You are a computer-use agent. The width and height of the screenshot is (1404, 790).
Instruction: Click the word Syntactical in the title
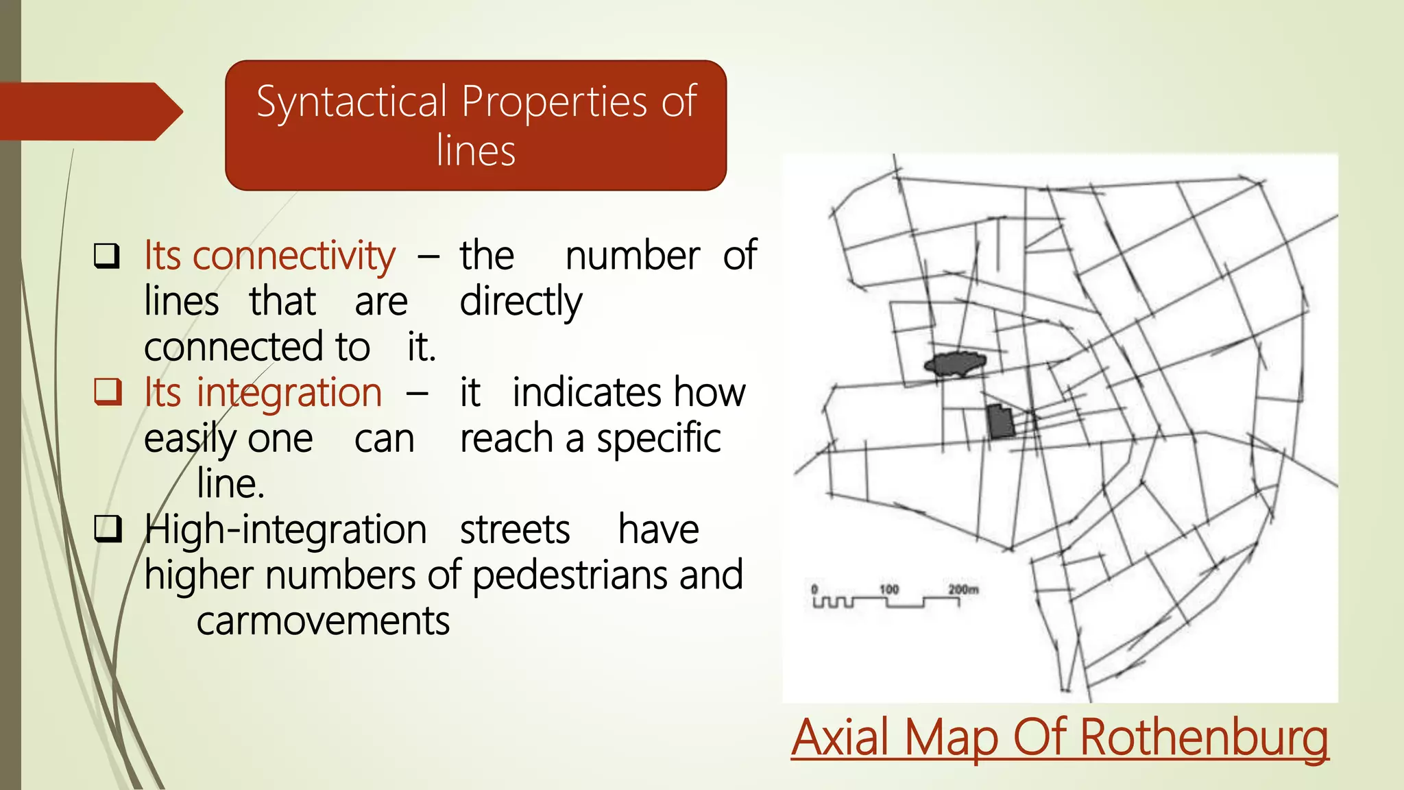coord(352,103)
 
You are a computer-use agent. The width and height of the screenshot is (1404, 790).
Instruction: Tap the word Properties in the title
coord(555,103)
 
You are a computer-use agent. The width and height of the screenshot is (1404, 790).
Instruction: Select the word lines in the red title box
coord(476,152)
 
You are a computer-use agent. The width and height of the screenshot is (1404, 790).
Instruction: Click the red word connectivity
coord(293,256)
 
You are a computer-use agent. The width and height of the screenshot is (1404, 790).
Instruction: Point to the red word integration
coord(289,393)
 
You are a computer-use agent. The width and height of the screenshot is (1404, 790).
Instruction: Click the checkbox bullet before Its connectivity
coord(107,256)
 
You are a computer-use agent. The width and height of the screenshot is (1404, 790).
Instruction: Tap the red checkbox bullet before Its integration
coord(108,392)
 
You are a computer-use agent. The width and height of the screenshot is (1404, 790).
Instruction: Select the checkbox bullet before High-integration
coord(108,529)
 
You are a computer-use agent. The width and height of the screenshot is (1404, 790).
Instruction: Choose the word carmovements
coord(323,621)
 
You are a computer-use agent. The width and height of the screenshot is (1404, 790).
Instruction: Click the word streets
coord(514,530)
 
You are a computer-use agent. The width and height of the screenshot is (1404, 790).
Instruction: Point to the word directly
coord(521,302)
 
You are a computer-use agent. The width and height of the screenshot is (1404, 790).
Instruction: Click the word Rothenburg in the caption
coord(1204,738)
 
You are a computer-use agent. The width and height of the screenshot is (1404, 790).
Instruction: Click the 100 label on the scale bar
coord(888,589)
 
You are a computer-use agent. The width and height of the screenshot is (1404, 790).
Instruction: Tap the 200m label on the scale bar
coord(963,589)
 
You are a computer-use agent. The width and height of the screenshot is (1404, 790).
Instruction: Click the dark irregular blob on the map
coord(955,363)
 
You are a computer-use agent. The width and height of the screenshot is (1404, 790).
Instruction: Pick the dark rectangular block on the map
coord(1000,421)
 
